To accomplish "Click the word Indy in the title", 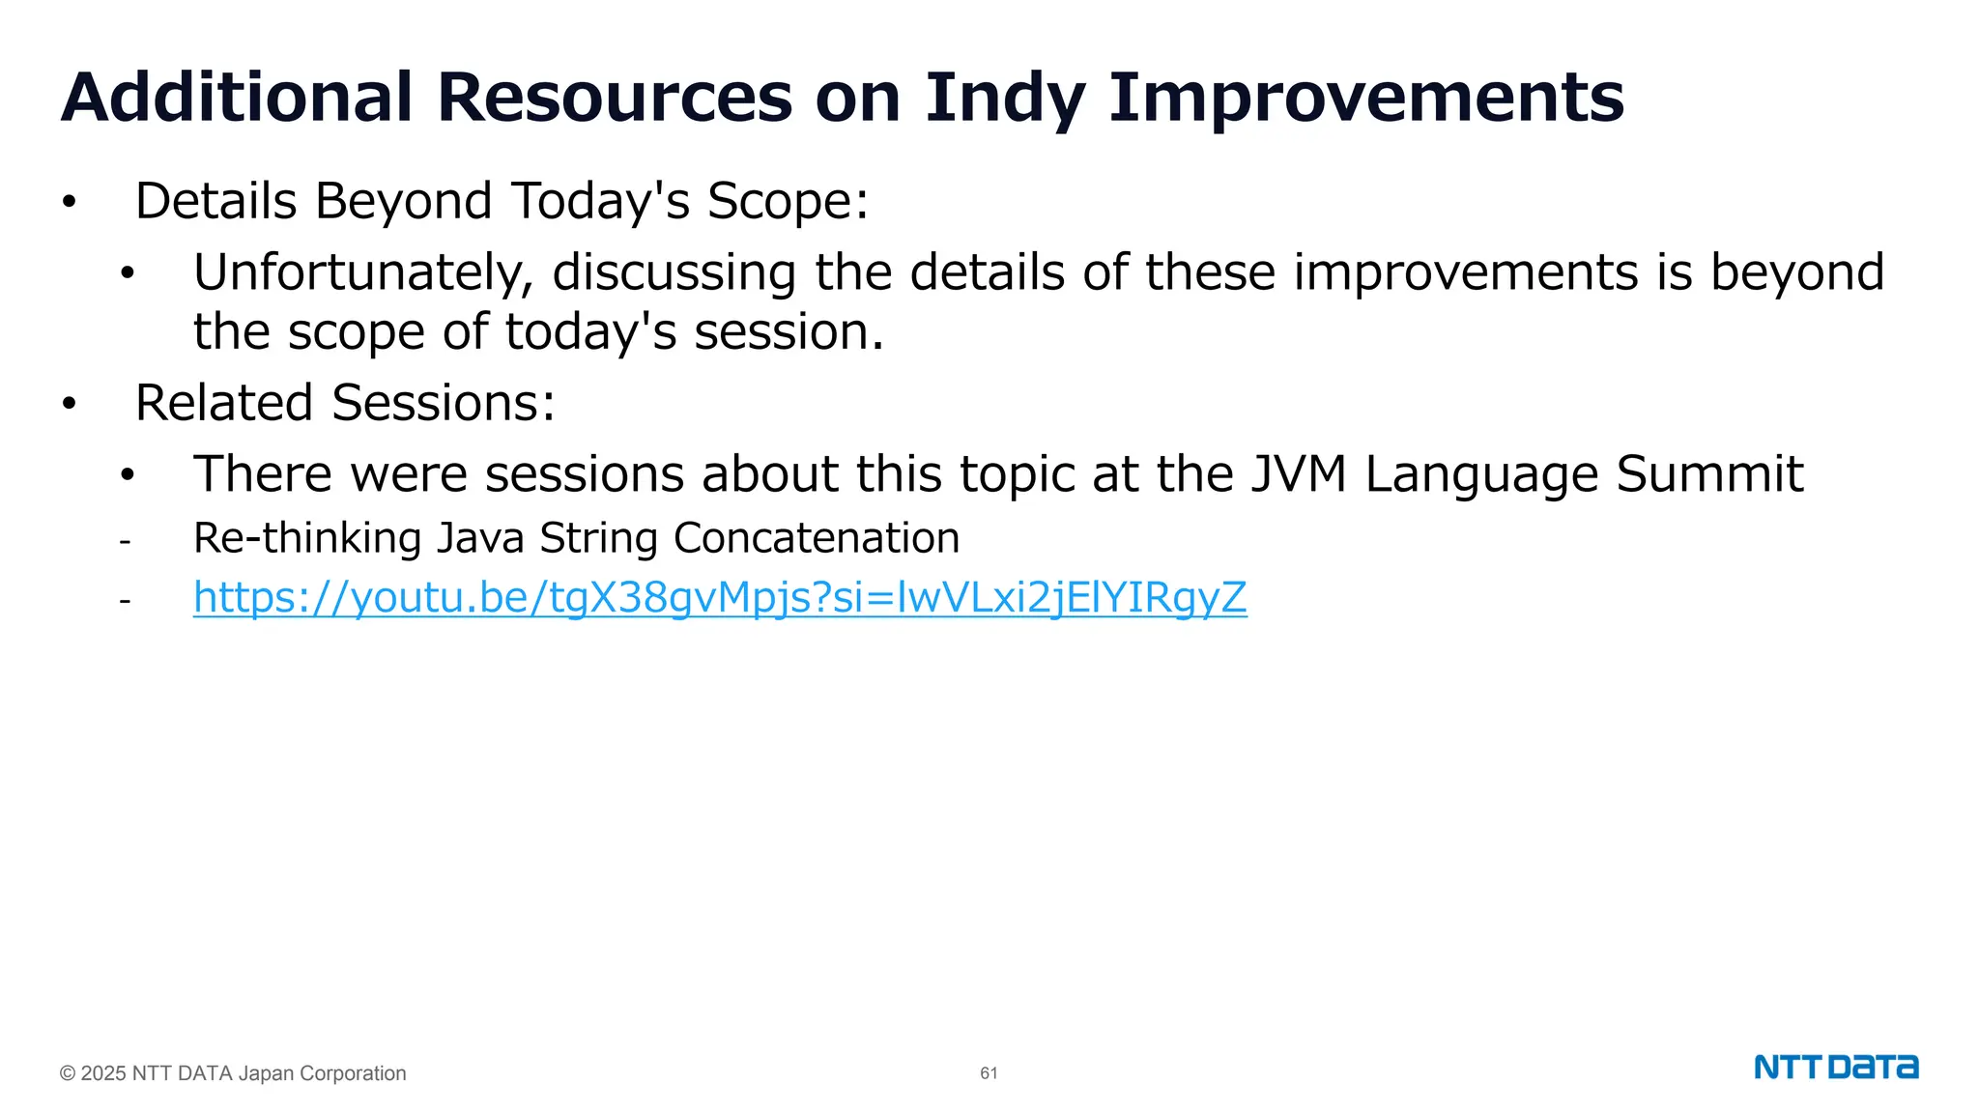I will tap(1005, 99).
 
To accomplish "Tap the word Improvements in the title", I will tap(1366, 99).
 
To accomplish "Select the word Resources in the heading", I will tap(615, 99).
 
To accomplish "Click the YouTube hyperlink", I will tap(720, 598).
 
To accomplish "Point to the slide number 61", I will tap(989, 1073).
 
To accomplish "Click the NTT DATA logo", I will tap(1836, 1068).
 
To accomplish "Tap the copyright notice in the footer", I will tap(233, 1073).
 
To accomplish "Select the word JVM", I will tap(1298, 474).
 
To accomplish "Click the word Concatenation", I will tap(817, 538).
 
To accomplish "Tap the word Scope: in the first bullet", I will tap(788, 202).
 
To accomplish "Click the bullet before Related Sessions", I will tap(69, 404).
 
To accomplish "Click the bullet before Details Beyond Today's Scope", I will tap(69, 202).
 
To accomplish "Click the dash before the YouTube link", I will tap(125, 601).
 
